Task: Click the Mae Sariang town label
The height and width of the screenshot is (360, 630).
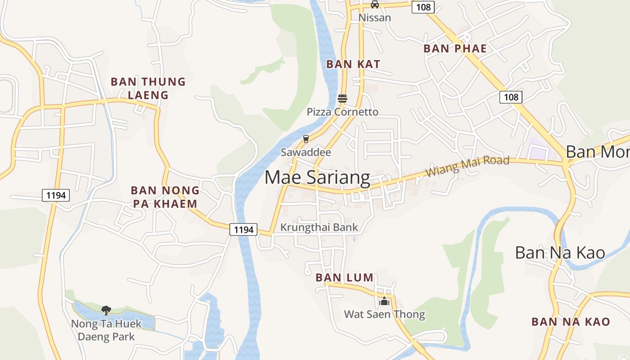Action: click(317, 178)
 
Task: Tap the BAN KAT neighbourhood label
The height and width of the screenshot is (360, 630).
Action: click(353, 64)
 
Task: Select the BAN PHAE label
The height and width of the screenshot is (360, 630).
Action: click(455, 49)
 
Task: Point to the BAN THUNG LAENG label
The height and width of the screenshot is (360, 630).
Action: click(148, 88)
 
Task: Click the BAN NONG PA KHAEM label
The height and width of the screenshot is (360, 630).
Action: click(165, 197)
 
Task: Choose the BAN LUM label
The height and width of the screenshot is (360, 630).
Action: click(345, 278)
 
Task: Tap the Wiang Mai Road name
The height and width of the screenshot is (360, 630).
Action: click(467, 166)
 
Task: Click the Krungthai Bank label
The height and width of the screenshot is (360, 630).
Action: click(319, 227)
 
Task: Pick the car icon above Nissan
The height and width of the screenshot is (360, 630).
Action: click(374, 4)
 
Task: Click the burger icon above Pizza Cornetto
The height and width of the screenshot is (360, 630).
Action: click(342, 99)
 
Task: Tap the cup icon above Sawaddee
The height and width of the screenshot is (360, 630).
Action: click(306, 139)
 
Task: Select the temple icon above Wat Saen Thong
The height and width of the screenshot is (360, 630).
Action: click(384, 301)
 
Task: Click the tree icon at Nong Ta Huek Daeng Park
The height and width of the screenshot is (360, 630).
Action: click(106, 310)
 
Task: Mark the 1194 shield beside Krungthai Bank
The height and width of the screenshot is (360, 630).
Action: click(244, 229)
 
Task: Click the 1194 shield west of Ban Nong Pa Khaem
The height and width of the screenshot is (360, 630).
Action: click(56, 195)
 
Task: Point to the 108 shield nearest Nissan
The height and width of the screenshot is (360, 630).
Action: click(423, 7)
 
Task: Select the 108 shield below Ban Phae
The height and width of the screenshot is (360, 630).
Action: click(511, 97)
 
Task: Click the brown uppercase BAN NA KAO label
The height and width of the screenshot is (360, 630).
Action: click(571, 322)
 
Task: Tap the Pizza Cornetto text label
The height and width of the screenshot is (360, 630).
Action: click(342, 112)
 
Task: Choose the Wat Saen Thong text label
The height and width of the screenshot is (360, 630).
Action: click(384, 314)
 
